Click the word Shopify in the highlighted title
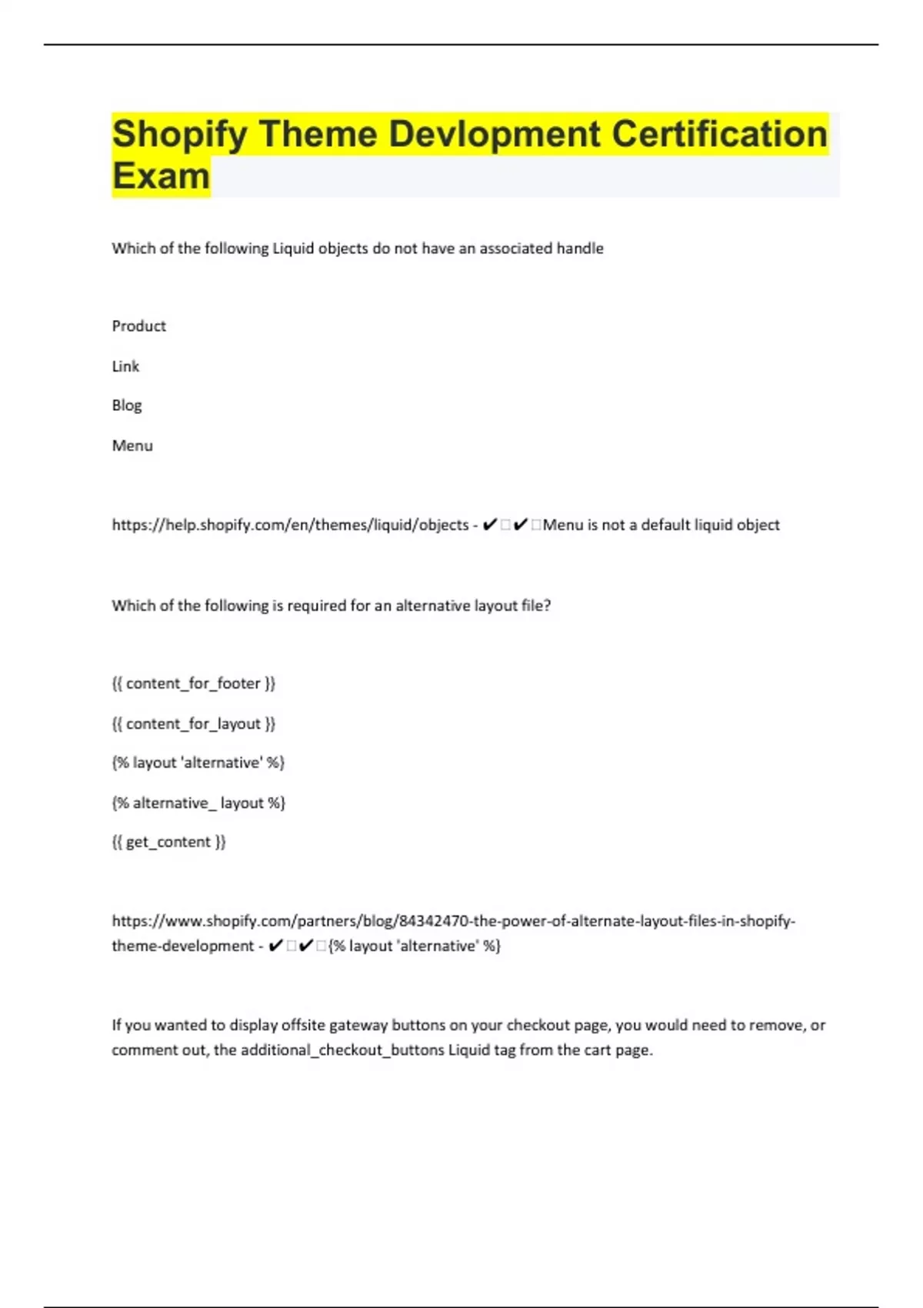click(x=180, y=135)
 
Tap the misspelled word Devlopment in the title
click(x=495, y=135)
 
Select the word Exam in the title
click(x=161, y=176)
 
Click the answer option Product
click(x=138, y=326)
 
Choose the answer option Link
click(x=125, y=366)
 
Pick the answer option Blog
click(x=127, y=405)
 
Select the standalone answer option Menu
click(x=132, y=445)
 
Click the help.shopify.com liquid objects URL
click(x=290, y=525)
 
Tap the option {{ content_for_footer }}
click(x=193, y=683)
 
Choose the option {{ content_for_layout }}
click(x=193, y=723)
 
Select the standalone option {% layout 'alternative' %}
click(x=198, y=762)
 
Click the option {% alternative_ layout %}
click(x=198, y=802)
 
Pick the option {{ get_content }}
click(x=168, y=842)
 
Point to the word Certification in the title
click(x=719, y=135)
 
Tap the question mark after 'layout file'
click(x=547, y=606)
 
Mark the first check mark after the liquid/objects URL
click(x=489, y=525)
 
